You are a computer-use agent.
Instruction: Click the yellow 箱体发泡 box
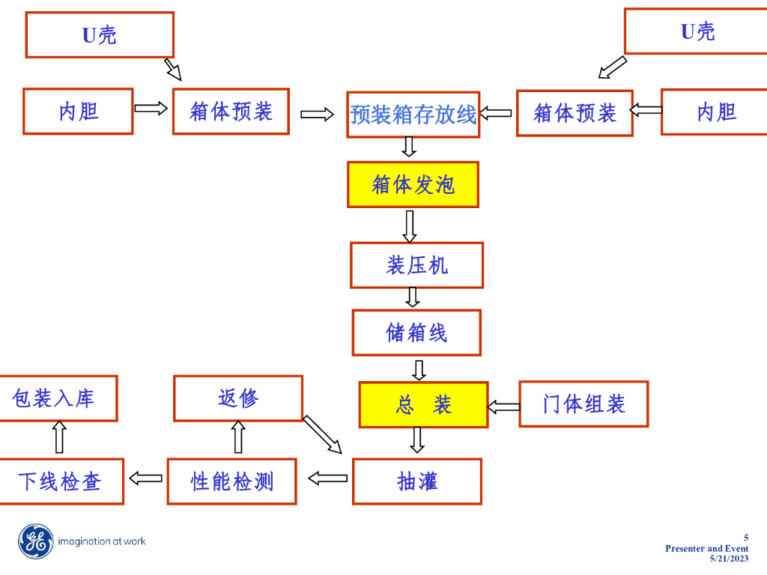(413, 184)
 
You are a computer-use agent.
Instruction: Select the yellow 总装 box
(423, 405)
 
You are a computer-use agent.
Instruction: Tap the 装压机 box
(416, 265)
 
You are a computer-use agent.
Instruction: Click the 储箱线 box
(416, 332)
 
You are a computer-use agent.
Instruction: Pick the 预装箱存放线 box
(413, 115)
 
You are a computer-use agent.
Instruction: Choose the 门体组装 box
(583, 404)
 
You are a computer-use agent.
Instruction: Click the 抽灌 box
(416, 481)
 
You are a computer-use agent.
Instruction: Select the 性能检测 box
(231, 481)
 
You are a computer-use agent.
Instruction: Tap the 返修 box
(238, 398)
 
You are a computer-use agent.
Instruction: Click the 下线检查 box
(60, 481)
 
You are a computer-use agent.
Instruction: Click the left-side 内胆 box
(78, 112)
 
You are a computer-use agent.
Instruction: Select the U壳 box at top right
(697, 31)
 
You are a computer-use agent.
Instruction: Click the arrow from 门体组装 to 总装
(503, 407)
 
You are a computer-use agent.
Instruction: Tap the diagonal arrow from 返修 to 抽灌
(322, 435)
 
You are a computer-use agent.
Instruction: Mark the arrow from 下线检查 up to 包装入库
(59, 437)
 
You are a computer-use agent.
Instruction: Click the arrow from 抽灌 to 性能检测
(327, 478)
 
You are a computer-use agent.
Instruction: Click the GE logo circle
(36, 541)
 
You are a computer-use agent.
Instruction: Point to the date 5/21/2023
(729, 559)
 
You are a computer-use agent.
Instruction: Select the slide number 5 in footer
(745, 538)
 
